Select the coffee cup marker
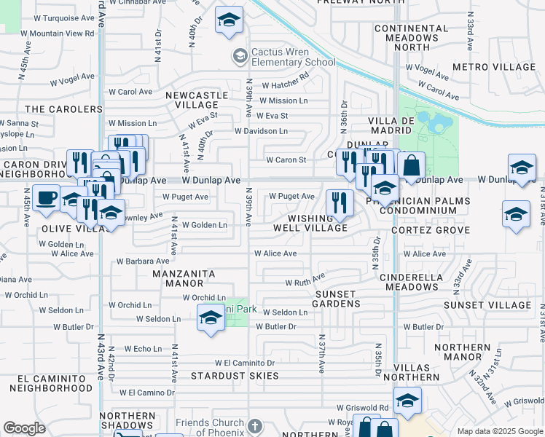(46, 197)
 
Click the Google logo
(24, 429)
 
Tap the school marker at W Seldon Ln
(211, 317)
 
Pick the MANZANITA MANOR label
(184, 279)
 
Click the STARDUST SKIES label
(235, 376)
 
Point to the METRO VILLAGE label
(494, 67)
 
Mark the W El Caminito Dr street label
(244, 363)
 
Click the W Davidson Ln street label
(261, 131)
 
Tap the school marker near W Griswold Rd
(407, 400)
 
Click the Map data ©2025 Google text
(499, 431)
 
